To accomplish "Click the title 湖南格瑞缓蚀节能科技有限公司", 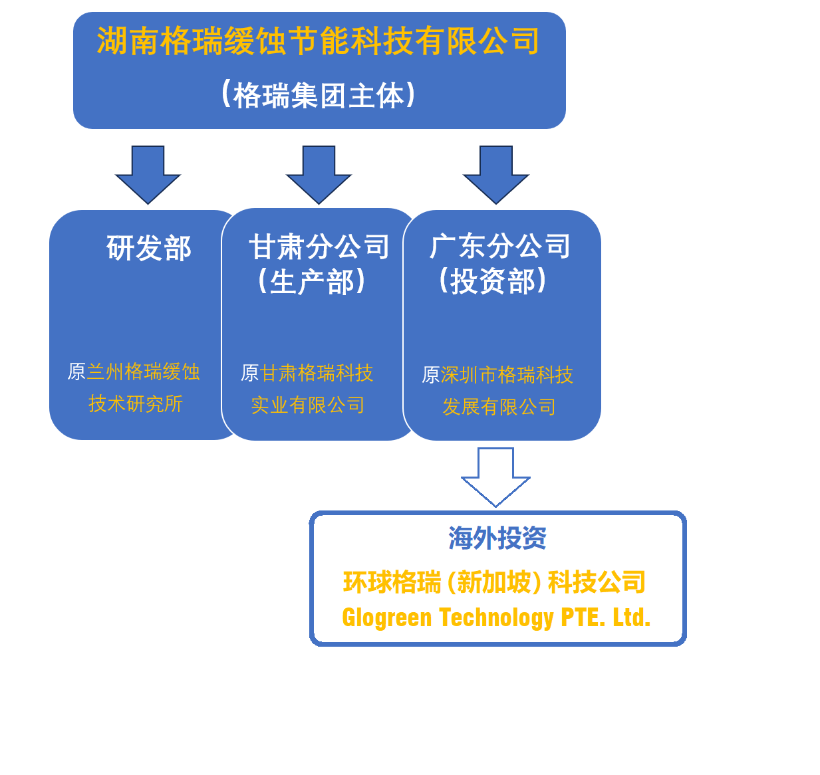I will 319,41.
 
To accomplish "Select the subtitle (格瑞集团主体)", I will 319,95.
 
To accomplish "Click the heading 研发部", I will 148,248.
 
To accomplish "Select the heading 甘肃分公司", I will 319,247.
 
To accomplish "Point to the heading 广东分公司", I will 500,246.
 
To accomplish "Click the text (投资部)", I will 492,280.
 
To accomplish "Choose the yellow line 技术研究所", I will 136,403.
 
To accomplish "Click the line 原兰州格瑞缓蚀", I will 134,372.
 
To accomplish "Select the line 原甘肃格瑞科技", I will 307,373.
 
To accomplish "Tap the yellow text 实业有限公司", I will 307,405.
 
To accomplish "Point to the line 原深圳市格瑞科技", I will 497,375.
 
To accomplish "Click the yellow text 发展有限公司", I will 499,407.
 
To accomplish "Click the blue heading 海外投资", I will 497,538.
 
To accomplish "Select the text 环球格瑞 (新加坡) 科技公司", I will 494,582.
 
